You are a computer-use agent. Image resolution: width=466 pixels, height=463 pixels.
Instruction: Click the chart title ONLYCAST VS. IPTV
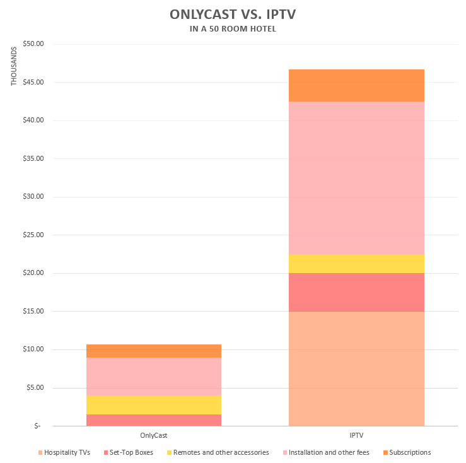[x=233, y=14]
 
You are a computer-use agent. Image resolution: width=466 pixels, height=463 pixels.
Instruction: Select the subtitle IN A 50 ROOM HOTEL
[x=233, y=28]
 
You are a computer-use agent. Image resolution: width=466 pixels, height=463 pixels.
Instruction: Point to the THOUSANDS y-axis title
[x=14, y=66]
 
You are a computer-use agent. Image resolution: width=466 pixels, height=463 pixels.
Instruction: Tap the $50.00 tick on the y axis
[x=32, y=44]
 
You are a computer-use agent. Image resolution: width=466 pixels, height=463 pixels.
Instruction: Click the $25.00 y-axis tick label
[x=32, y=235]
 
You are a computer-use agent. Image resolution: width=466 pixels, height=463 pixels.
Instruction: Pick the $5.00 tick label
[x=33, y=387]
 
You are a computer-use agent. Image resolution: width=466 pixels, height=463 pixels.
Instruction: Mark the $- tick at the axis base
[x=37, y=426]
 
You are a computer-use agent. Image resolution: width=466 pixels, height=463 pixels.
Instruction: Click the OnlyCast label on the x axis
[x=153, y=436]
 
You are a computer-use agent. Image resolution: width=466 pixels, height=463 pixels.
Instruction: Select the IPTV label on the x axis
[x=356, y=436]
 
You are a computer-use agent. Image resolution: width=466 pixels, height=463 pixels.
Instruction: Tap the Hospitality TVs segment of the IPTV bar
[x=356, y=368]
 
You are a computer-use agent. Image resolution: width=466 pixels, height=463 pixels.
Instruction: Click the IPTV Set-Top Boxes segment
[x=356, y=292]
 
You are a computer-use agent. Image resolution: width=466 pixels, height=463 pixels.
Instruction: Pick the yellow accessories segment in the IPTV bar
[x=356, y=264]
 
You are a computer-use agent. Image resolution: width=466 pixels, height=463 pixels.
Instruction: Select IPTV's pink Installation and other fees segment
[x=356, y=178]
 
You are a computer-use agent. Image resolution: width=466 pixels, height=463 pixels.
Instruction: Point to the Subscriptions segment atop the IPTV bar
[x=356, y=85]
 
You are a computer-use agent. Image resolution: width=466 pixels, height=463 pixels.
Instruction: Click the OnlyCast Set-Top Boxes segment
[x=153, y=420]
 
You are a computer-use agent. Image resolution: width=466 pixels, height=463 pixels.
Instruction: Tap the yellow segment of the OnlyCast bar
[x=153, y=405]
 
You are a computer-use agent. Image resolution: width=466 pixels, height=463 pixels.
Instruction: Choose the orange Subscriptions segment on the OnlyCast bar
[x=153, y=351]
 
